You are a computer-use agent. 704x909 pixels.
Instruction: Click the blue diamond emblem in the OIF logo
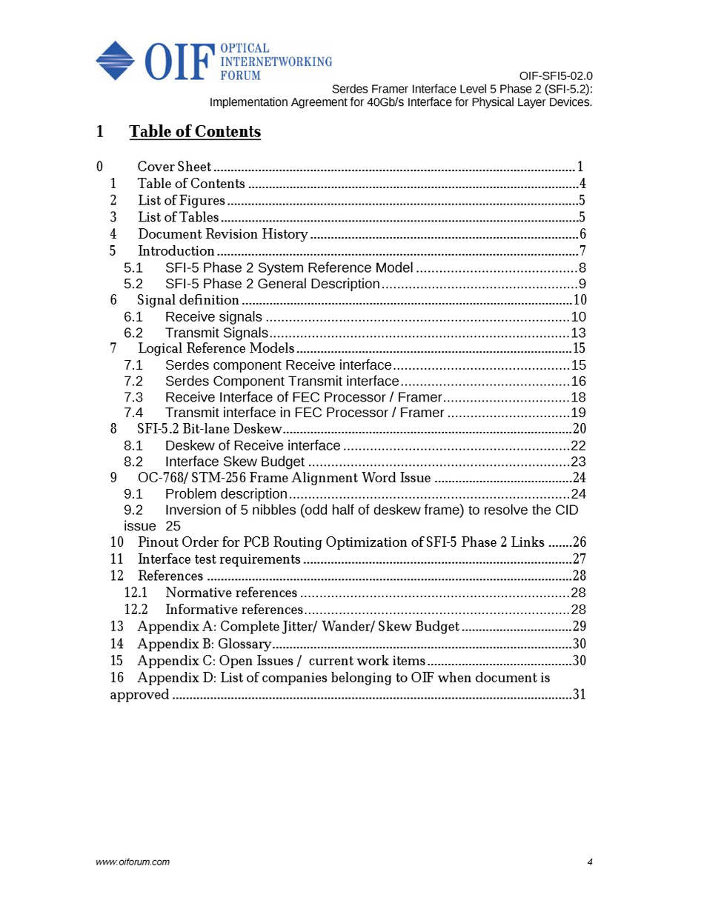pyautogui.click(x=115, y=61)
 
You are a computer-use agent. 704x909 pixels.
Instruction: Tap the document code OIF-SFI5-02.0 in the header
pyautogui.click(x=555, y=76)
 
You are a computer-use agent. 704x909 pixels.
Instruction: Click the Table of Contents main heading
pyautogui.click(x=195, y=132)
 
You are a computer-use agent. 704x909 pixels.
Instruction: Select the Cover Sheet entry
pyautogui.click(x=174, y=167)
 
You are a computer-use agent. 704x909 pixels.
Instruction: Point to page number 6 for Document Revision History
pyautogui.click(x=582, y=234)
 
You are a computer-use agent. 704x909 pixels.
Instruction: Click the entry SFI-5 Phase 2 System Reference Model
pyautogui.click(x=289, y=267)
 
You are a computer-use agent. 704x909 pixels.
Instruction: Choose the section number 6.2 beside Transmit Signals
pyautogui.click(x=133, y=333)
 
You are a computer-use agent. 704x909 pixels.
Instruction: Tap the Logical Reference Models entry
pyautogui.click(x=216, y=348)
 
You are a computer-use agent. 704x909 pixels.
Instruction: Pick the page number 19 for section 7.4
pyautogui.click(x=579, y=413)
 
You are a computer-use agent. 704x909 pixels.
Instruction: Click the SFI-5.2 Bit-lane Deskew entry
pyautogui.click(x=210, y=429)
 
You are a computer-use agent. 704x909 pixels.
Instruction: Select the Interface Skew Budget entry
pyautogui.click(x=234, y=462)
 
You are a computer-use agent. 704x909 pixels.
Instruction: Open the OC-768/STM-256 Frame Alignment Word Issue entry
pyautogui.click(x=284, y=478)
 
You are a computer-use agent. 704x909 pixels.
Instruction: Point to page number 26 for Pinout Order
pyautogui.click(x=579, y=542)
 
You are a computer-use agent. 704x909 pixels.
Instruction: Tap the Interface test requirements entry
pyautogui.click(x=219, y=559)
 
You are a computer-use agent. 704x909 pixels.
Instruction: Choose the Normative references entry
pyautogui.click(x=231, y=593)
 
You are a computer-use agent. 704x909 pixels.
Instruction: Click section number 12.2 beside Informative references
pyautogui.click(x=136, y=610)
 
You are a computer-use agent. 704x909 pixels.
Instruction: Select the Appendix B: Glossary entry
pyautogui.click(x=204, y=644)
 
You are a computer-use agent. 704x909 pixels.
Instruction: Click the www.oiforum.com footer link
pyautogui.click(x=133, y=862)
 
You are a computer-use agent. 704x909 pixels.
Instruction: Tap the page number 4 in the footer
pyautogui.click(x=590, y=862)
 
